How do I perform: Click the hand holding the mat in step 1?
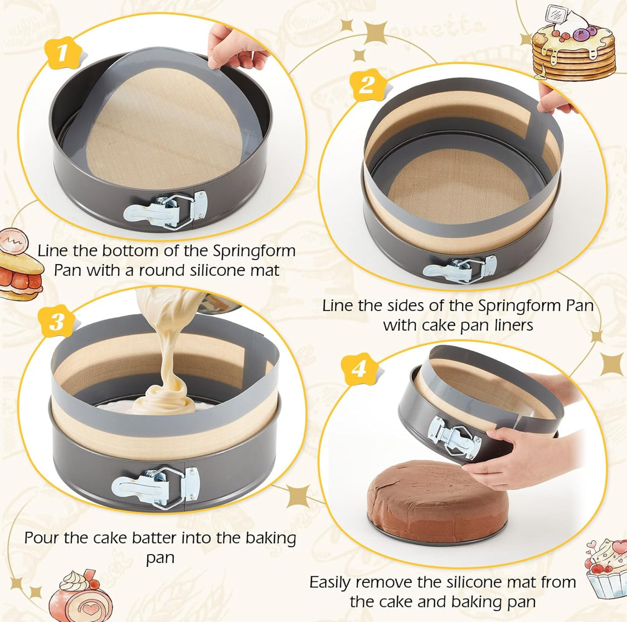pos(236,45)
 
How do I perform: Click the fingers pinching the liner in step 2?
pos(555,100)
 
